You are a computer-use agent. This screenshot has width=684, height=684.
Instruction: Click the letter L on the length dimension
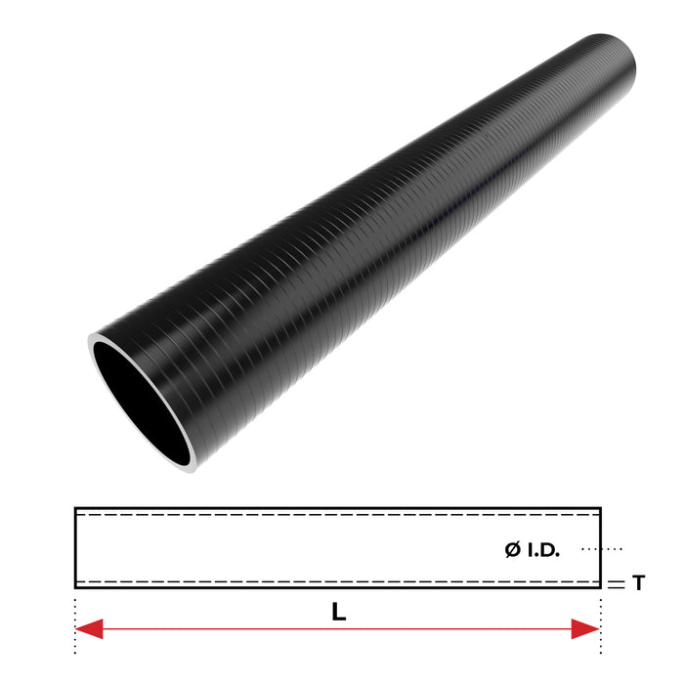pyautogui.click(x=338, y=614)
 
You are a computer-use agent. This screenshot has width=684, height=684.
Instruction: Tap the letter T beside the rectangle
pyautogui.click(x=638, y=583)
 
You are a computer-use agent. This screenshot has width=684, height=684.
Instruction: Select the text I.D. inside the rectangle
pyautogui.click(x=544, y=550)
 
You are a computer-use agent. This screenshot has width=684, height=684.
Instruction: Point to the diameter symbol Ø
pyautogui.click(x=513, y=550)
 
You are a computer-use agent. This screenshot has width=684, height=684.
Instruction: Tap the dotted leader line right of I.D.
pyautogui.click(x=601, y=549)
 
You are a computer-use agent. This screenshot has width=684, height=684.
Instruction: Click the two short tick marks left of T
pyautogui.click(x=616, y=583)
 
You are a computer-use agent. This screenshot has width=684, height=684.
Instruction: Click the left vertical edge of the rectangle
pyautogui.click(x=76, y=547)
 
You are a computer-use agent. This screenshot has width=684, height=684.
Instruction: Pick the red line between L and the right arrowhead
pyautogui.click(x=469, y=628)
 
